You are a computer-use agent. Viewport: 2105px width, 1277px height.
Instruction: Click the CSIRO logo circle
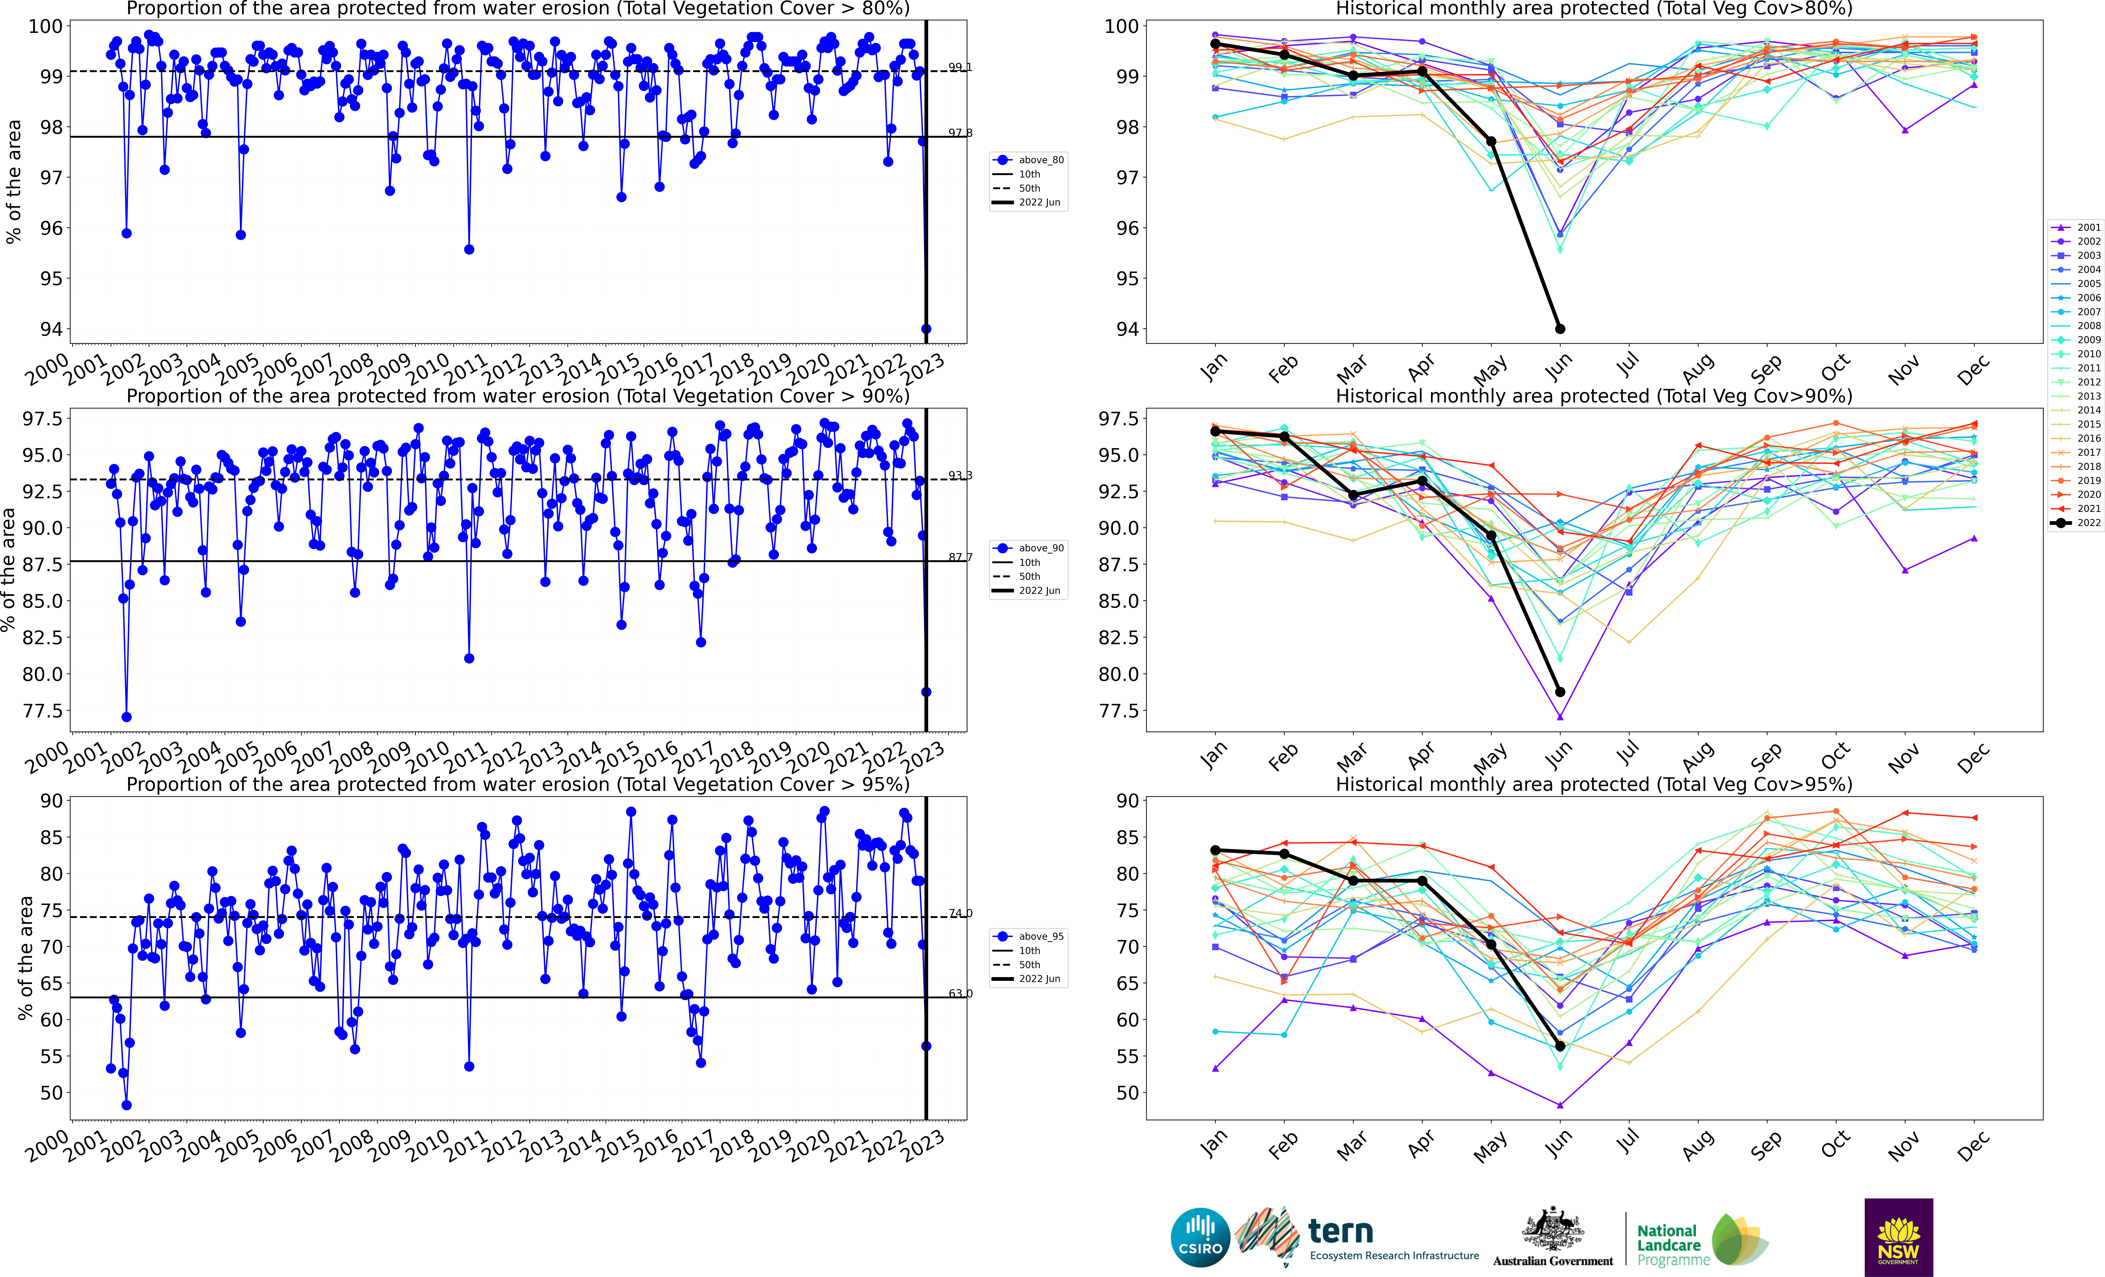(x=1200, y=1237)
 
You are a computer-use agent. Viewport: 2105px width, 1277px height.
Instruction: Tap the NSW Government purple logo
(x=1898, y=1237)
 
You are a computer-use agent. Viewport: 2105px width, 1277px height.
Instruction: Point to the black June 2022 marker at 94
(x=1560, y=329)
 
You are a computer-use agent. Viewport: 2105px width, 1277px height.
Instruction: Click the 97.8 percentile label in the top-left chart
(x=960, y=133)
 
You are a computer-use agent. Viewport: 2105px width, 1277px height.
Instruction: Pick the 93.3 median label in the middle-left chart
(x=960, y=476)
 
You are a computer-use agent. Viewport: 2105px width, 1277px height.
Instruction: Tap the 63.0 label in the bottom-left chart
(x=960, y=993)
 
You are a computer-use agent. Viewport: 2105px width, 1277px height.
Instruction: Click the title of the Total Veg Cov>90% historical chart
(x=1594, y=396)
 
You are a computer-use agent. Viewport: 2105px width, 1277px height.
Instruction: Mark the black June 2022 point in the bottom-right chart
(x=1560, y=1046)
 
